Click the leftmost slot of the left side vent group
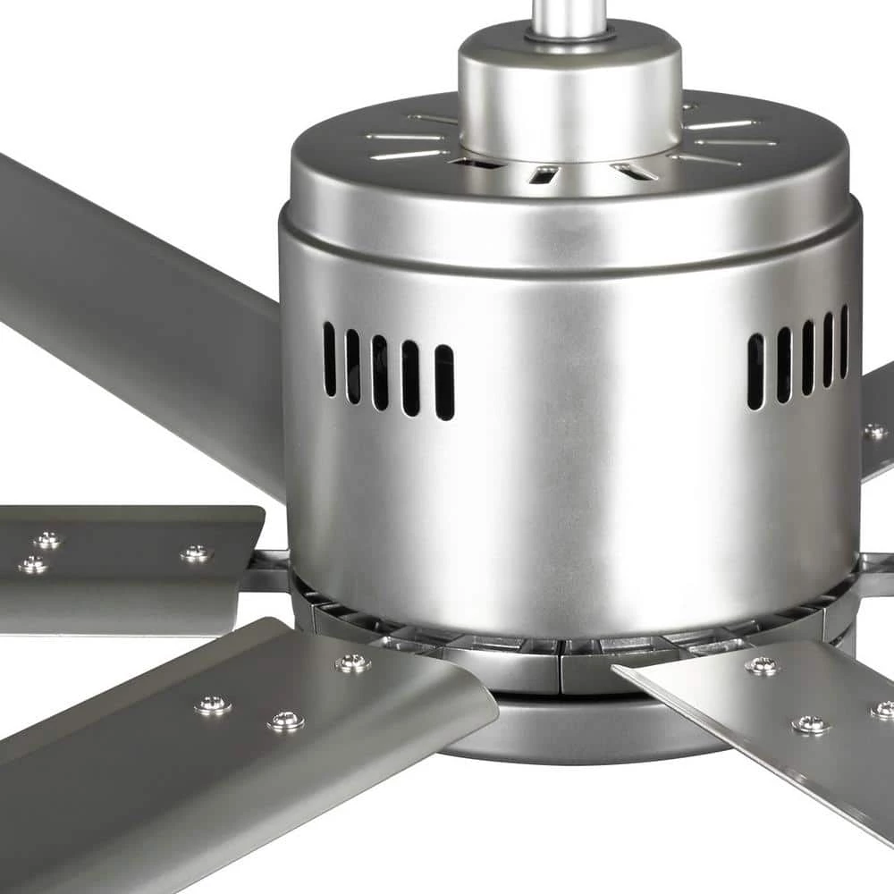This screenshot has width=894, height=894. pos(330,358)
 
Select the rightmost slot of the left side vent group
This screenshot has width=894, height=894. pos(444,382)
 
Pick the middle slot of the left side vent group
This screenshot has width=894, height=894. pos(381,372)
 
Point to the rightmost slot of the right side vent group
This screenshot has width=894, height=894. pos(844,341)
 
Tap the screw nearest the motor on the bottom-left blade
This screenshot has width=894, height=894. pos(353,662)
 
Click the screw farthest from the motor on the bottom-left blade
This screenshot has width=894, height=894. pos(213,704)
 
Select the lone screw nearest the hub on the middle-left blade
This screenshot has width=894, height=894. pos(195,553)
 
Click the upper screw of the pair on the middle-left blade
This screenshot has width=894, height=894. pos(47,540)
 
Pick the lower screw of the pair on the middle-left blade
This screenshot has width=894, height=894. pos(33,564)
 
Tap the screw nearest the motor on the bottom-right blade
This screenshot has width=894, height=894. pos(763,665)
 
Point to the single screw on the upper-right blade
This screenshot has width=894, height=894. pos(873,432)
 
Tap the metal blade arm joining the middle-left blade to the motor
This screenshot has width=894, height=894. pos(266,572)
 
